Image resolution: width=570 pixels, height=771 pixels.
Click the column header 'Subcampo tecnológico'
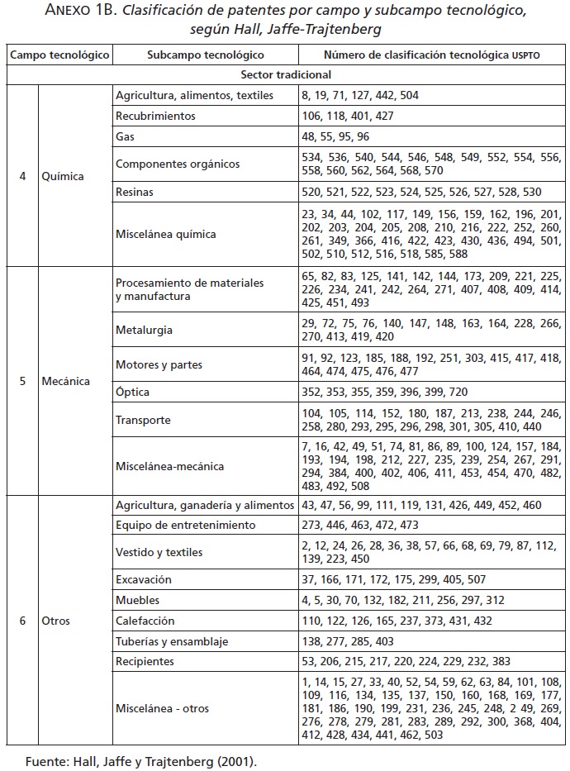[205, 55]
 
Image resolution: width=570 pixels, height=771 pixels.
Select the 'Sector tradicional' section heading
[286, 74]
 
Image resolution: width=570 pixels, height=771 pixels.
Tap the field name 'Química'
[63, 176]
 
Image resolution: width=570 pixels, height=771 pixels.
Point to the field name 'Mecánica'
[65, 382]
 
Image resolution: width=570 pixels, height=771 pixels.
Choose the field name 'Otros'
[56, 621]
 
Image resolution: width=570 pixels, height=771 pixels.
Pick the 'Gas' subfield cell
[125, 136]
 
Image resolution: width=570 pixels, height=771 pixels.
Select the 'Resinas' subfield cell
[135, 192]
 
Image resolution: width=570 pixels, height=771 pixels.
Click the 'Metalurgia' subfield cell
[144, 330]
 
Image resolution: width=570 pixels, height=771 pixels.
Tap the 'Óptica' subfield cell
[132, 392]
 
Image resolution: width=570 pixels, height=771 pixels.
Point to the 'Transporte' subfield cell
[143, 420]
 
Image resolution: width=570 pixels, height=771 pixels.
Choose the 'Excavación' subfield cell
[144, 580]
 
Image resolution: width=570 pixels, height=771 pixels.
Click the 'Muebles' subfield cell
[138, 601]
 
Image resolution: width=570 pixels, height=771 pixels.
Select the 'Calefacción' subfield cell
[146, 621]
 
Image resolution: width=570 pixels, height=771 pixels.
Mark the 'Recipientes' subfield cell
[145, 661]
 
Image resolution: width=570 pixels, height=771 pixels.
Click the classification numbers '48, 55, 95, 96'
[335, 136]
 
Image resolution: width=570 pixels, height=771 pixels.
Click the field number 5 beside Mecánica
[21, 382]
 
